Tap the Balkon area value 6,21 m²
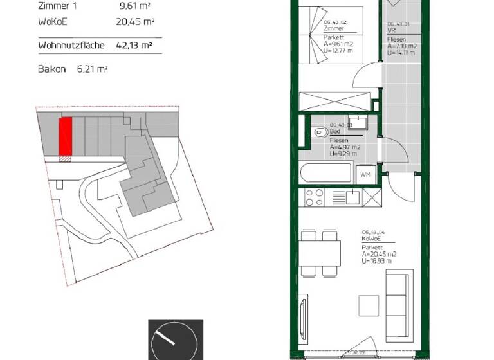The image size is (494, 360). tap(93, 68)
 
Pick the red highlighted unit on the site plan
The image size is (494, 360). tap(65, 137)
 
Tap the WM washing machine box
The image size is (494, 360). tap(365, 174)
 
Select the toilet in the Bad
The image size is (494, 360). tap(320, 132)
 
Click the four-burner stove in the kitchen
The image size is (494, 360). tap(315, 197)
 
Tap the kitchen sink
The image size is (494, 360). tap(352, 197)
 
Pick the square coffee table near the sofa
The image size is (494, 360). tap(369, 304)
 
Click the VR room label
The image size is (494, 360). tap(391, 30)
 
